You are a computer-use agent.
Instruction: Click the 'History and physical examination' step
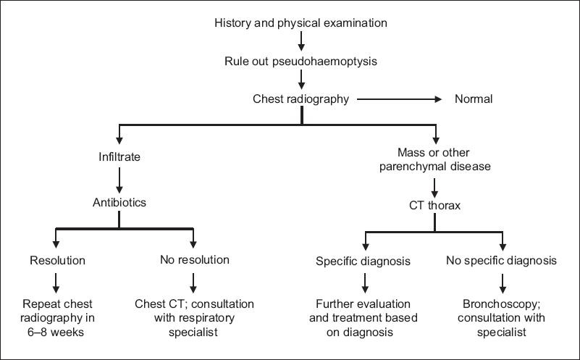coord(300,22)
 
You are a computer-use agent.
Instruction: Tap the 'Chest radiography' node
coord(300,99)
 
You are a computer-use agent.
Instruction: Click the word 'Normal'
coord(474,99)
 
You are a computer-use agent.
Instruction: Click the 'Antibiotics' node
coord(119,202)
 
